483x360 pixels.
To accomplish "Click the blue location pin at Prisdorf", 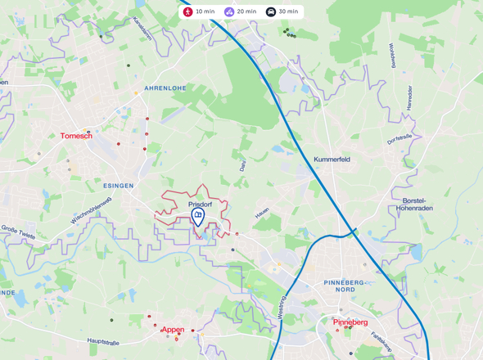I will tap(197, 217).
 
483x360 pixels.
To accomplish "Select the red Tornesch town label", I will tap(76, 136).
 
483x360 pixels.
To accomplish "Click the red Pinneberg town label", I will tap(350, 322).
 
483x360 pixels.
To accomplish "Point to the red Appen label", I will tap(173, 329).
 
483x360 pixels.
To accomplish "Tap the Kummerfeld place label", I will tap(332, 160).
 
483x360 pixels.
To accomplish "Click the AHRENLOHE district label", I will tap(165, 88).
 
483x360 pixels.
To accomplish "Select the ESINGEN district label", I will tap(119, 186).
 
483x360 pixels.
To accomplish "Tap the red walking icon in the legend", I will tap(188, 12).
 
